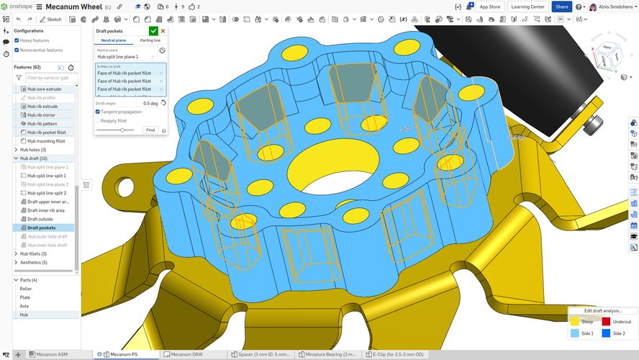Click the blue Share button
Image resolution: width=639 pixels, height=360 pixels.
pos(561,6)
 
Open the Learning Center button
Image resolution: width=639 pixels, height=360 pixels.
pos(529,6)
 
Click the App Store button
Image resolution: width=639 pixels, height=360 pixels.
pos(489,6)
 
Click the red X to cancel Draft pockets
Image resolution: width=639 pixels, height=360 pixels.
pos(163,31)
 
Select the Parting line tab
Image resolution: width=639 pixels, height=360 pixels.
pos(150,41)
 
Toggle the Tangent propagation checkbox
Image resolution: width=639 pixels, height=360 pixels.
pos(99,112)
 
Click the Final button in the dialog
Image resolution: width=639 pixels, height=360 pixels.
pos(150,130)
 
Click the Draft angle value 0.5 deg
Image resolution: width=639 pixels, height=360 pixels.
pos(150,104)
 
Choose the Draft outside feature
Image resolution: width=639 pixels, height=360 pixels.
pos(40,219)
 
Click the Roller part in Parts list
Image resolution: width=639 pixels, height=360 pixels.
pos(26,289)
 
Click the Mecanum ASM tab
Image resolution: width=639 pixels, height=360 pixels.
pos(52,354)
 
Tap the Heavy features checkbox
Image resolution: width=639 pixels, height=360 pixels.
pos(17,40)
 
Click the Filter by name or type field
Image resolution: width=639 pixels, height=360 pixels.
pos(51,77)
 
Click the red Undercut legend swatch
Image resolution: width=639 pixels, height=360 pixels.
pos(607,322)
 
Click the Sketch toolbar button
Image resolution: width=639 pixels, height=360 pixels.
pos(51,19)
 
